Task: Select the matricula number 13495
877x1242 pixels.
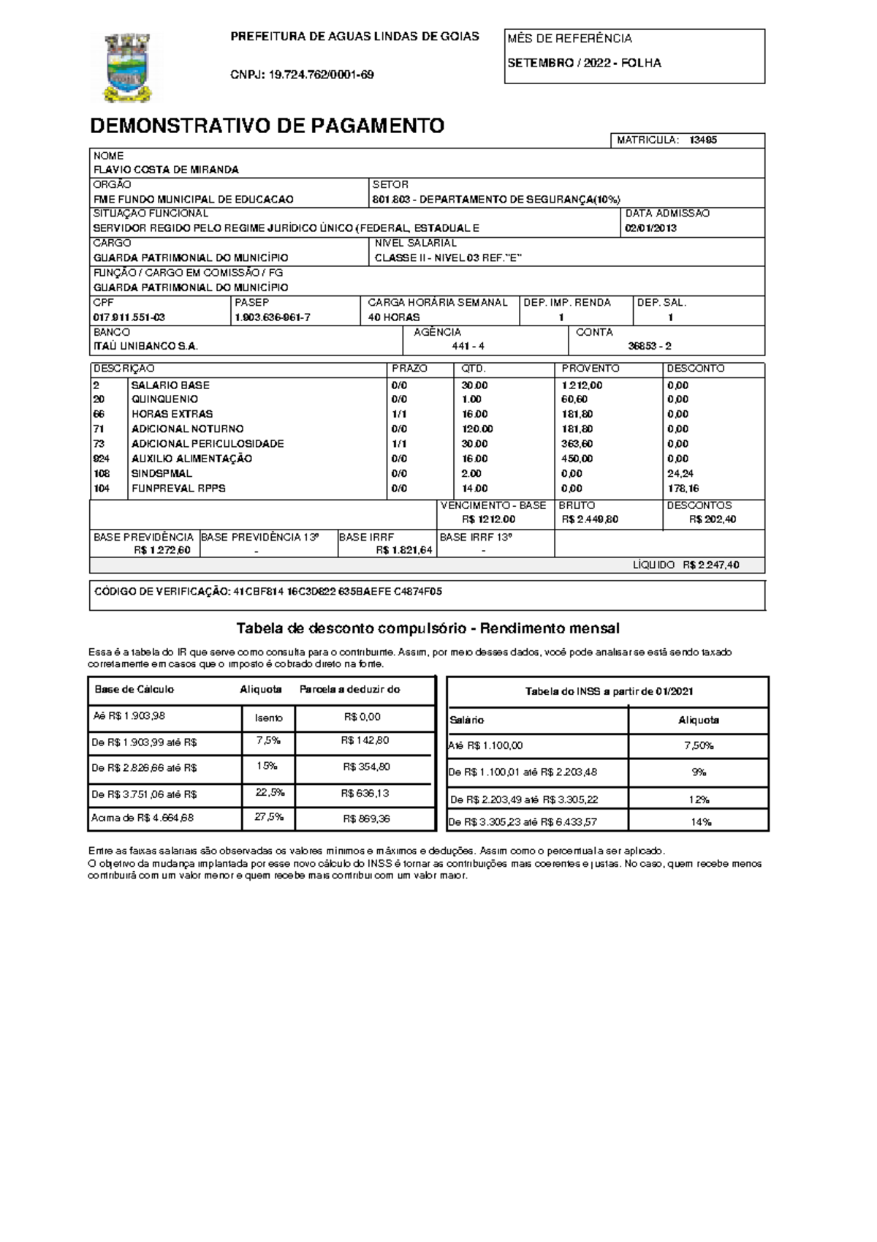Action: pos(702,140)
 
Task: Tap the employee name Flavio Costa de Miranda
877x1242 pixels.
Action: pos(166,170)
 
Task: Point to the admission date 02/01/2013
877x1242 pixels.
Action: pos(650,228)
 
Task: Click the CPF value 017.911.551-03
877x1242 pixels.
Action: pos(129,317)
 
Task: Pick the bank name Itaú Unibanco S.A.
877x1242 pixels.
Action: pos(145,347)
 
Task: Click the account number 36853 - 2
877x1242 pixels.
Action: pos(649,347)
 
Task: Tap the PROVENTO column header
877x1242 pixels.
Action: pos(590,369)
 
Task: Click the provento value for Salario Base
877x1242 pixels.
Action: pos(582,385)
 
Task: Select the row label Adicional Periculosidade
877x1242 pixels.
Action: pos(208,444)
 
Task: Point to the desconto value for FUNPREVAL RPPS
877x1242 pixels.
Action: pos(683,489)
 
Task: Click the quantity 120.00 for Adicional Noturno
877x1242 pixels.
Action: pos(477,429)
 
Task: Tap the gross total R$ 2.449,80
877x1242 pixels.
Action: pos(590,519)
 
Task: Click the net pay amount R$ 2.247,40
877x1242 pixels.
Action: pos(710,565)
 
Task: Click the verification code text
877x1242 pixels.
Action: pos(268,592)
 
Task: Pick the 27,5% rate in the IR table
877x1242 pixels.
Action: pos(268,818)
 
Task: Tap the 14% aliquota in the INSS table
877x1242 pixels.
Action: pos(700,822)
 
